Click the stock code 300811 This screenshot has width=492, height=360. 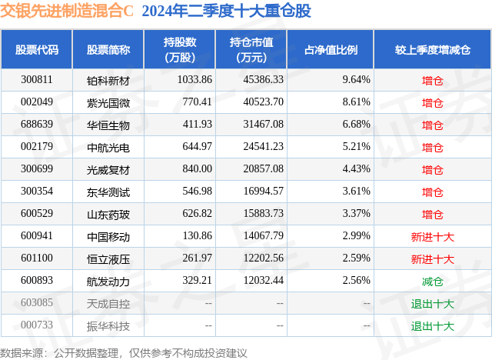[37, 80]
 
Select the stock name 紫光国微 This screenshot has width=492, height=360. [108, 102]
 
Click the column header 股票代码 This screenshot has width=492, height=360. [37, 49]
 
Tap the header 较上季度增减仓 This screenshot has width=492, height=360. [433, 49]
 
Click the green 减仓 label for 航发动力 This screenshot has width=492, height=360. [433, 282]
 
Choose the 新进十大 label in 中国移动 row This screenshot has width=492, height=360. [433, 237]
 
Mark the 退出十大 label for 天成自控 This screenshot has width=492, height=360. [433, 304]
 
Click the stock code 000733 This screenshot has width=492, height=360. [37, 325]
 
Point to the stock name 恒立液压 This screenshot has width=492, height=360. [108, 259]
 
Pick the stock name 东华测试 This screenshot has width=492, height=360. [108, 192]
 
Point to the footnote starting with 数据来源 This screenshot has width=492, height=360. [124, 352]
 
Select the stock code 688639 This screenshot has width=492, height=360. [37, 125]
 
